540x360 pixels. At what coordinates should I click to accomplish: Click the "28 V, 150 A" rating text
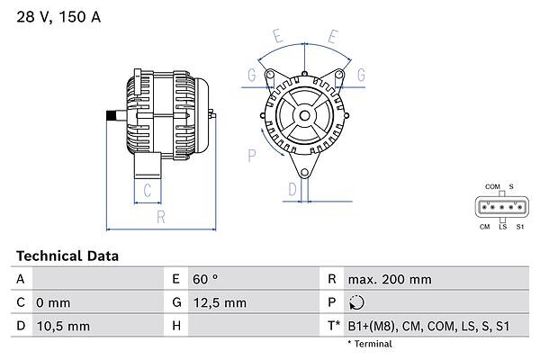58,17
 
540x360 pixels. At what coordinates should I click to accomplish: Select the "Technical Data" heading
67,256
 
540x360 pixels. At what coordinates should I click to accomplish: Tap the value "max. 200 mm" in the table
390,279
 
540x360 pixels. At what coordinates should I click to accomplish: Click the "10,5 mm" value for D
63,326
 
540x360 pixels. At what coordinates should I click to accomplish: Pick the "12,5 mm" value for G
220,302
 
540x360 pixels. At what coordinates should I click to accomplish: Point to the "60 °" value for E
205,279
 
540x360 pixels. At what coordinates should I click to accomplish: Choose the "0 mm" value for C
53,302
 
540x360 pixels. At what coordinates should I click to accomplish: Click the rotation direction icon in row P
356,302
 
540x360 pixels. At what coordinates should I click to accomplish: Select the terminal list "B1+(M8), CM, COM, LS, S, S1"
428,326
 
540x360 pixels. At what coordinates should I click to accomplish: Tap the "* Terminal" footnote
370,344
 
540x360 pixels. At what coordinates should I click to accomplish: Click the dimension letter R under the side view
161,217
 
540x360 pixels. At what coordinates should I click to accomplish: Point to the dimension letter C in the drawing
148,190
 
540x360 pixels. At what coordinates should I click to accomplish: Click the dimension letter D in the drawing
292,189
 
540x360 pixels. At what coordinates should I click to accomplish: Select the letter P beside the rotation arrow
252,156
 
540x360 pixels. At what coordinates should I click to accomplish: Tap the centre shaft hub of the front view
304,115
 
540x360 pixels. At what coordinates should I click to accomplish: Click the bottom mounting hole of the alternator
304,173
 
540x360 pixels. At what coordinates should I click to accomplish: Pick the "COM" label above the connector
492,186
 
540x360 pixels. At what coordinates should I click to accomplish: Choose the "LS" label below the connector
503,227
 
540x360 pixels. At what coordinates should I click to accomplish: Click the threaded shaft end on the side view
111,116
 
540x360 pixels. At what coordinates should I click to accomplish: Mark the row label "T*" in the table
334,326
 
